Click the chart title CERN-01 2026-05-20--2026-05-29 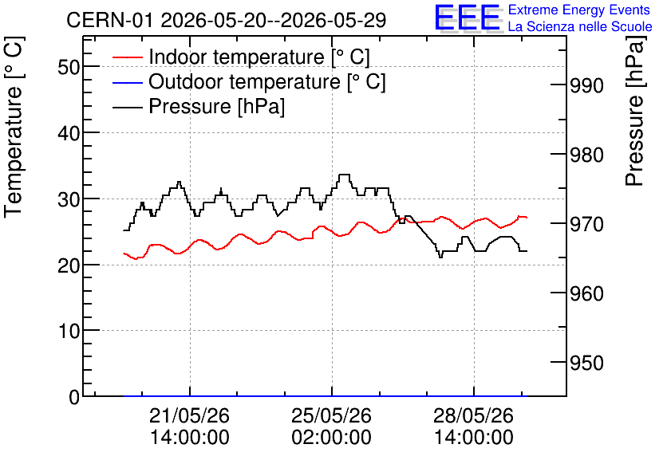227,20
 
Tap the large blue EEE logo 468,18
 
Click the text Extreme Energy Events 579,10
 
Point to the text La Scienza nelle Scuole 580,27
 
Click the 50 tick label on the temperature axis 69,67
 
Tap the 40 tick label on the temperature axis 69,133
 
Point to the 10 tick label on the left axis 69,331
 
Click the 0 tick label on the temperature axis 74,397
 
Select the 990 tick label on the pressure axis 586,86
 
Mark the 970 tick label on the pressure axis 586,224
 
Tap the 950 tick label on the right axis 586,363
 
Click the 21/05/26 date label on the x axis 189,415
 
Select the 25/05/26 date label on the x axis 331,415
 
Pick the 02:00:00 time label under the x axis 331,438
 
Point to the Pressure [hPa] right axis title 634,112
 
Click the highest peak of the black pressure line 344,175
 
